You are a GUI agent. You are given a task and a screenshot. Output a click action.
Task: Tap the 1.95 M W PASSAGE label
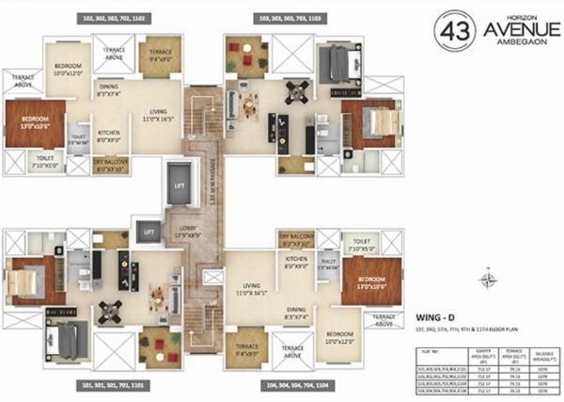(213, 179)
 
